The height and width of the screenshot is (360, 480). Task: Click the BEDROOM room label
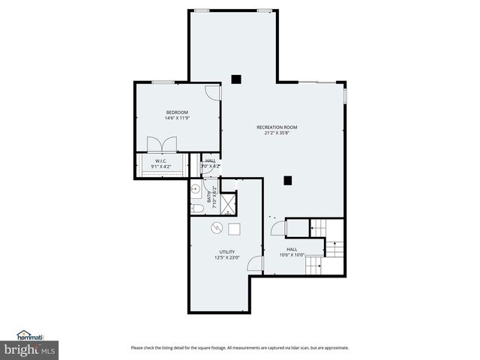177,112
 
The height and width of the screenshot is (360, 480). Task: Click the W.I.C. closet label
160,160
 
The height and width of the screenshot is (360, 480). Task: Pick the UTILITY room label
226,252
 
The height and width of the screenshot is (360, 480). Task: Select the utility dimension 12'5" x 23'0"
226,258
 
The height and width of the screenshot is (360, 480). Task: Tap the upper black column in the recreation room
235,78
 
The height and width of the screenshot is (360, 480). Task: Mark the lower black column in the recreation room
287,180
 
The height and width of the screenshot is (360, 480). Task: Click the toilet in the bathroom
195,208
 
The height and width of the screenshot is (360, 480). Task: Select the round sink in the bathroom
194,189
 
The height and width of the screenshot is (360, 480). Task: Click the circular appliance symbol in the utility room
217,229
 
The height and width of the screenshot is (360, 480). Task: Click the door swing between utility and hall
255,263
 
